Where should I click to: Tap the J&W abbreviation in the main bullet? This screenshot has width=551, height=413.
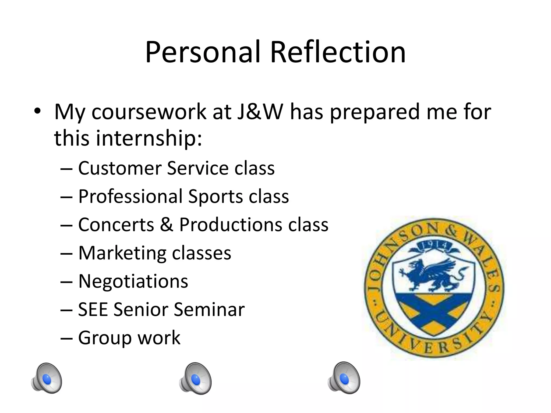click(x=260, y=112)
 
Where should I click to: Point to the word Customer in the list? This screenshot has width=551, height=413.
click(x=120, y=168)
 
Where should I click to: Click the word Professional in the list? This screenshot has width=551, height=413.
click(x=130, y=197)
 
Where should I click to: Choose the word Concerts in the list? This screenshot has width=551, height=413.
click(x=116, y=225)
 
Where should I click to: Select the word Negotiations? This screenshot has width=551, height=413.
click(x=133, y=281)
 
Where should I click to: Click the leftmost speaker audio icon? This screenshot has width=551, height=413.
click(x=47, y=378)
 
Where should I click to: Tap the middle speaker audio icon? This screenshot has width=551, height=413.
click(x=195, y=379)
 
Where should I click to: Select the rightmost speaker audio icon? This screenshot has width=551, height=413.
click(x=344, y=378)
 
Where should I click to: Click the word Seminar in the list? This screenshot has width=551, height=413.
click(x=209, y=309)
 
